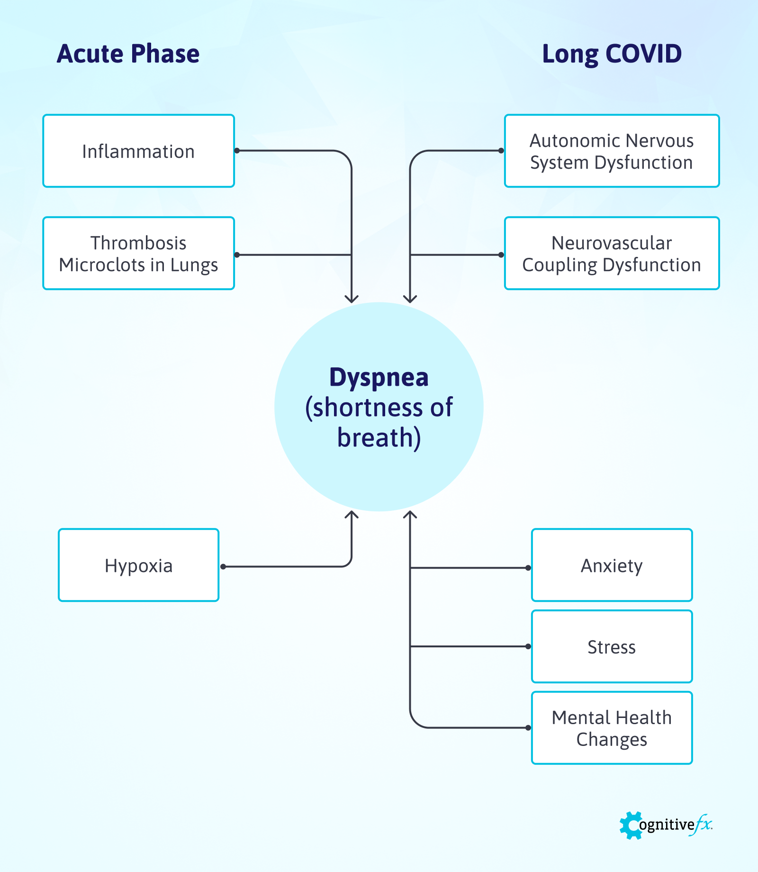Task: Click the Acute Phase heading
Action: coord(128,54)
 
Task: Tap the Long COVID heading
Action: coord(612,54)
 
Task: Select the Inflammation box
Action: coord(138,151)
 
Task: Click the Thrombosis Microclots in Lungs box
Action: coord(138,254)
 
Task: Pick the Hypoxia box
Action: coord(138,565)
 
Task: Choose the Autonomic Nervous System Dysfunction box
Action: coord(612,151)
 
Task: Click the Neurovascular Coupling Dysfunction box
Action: coord(612,254)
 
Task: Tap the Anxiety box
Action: coord(612,565)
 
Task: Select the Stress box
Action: coord(612,647)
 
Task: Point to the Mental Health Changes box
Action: coord(612,728)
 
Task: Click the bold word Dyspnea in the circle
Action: coord(379,378)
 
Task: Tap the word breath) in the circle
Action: coord(379,437)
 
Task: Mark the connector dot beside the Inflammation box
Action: coord(237,151)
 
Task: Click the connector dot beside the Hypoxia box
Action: coord(223,566)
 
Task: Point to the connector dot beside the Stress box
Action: coord(528,646)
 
